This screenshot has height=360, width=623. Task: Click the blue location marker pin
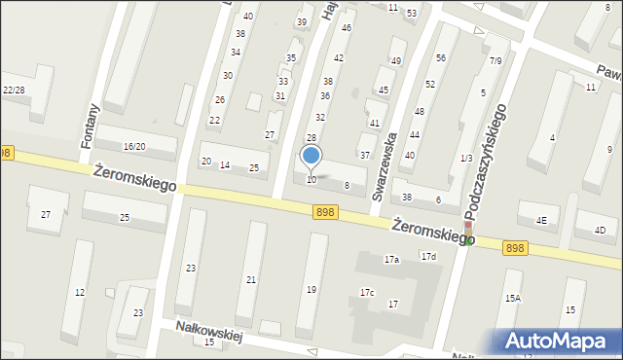pyautogui.click(x=311, y=156)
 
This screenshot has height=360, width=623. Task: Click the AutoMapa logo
pyautogui.click(x=559, y=341)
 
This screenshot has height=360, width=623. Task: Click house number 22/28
pyautogui.click(x=14, y=90)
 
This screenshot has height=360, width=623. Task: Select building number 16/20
pyautogui.click(x=134, y=146)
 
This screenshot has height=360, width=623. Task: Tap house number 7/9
pyautogui.click(x=495, y=61)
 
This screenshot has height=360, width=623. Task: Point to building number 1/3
pyautogui.click(x=466, y=158)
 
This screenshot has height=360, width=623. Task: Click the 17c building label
pyautogui.click(x=367, y=292)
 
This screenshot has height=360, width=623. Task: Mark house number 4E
pyautogui.click(x=541, y=220)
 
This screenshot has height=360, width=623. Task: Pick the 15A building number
pyautogui.click(x=512, y=299)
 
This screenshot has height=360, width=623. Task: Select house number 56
pyautogui.click(x=441, y=57)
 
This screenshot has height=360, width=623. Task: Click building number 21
pyautogui.click(x=251, y=280)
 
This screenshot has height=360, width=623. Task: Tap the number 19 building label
pyautogui.click(x=311, y=289)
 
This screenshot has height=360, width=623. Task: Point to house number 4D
pyautogui.click(x=600, y=230)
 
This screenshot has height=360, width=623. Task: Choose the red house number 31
pyautogui.click(x=280, y=95)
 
